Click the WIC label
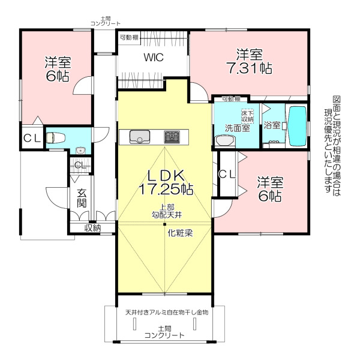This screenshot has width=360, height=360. (x=154, y=58)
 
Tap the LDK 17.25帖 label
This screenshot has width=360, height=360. (x=166, y=182)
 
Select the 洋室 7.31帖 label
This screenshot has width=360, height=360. (x=250, y=61)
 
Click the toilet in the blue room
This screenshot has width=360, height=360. (x=56, y=138)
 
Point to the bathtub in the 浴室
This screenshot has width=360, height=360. (x=298, y=126)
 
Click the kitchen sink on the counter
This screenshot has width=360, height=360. (x=140, y=137)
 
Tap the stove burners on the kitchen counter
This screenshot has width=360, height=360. (x=172, y=137)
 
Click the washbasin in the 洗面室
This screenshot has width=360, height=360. (x=225, y=140)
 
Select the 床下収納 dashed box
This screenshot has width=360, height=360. (x=247, y=116)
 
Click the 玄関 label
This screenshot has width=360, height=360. (x=82, y=198)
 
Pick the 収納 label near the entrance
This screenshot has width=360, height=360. (x=92, y=228)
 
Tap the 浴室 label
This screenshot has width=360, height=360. (x=272, y=125)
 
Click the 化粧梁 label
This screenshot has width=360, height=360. (x=180, y=233)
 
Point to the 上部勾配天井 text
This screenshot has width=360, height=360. (x=167, y=211)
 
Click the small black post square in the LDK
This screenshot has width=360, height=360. (x=164, y=224)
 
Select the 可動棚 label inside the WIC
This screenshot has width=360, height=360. (x=129, y=37)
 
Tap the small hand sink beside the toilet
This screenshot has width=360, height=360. (x=80, y=151)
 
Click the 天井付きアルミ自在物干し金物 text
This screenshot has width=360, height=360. (x=167, y=312)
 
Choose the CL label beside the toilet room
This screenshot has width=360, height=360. (x=32, y=138)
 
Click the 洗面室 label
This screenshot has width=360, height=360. (x=237, y=128)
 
